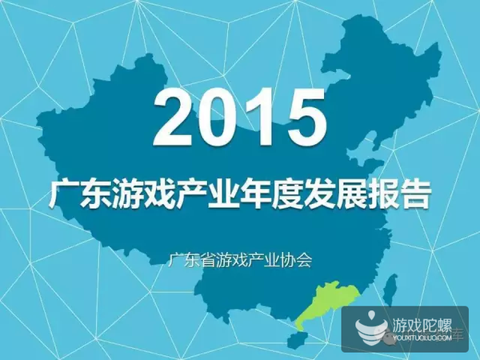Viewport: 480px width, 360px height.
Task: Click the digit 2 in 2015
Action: (174, 117)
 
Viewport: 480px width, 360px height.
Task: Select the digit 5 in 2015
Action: (306, 118)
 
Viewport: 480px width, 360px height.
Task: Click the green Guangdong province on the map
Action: (327, 303)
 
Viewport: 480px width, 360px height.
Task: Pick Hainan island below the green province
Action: (296, 341)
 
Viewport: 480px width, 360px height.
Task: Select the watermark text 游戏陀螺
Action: (422, 325)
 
